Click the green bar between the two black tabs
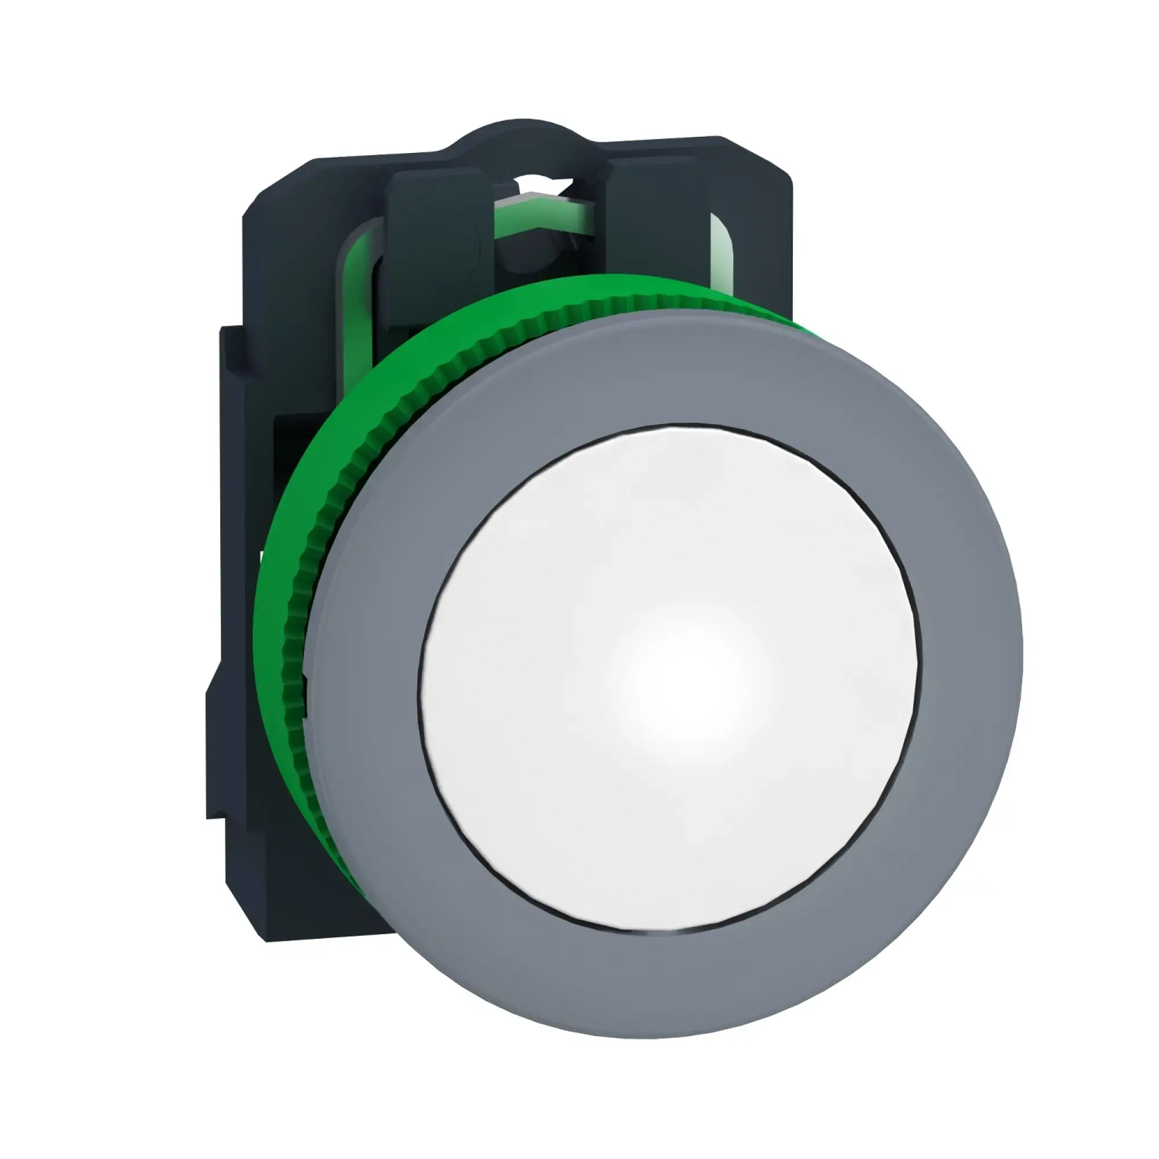pos(540,216)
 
